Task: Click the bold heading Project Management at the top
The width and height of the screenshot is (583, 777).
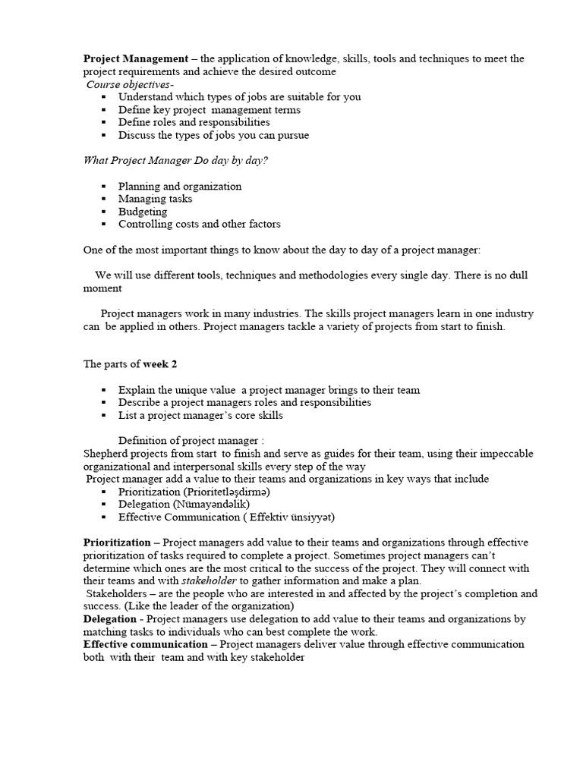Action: click(135, 58)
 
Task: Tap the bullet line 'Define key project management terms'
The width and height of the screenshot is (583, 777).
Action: click(209, 109)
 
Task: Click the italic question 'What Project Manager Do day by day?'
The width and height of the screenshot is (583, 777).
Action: click(175, 160)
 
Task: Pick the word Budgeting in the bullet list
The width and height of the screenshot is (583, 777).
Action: click(143, 212)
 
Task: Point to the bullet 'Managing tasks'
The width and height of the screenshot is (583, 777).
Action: click(155, 199)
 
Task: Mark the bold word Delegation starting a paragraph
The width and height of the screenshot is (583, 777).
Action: click(109, 619)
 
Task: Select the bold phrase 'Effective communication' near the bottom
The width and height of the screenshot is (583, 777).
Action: click(145, 645)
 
